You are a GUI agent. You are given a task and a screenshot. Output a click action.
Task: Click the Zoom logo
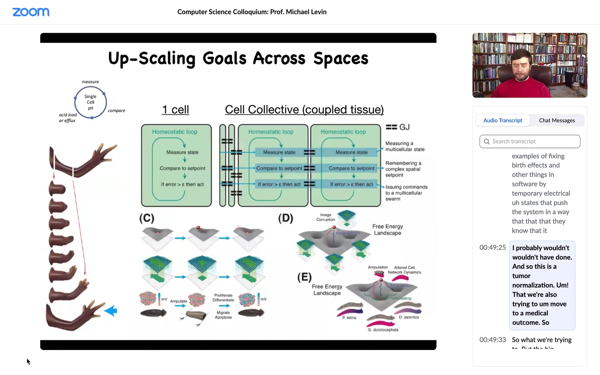tap(31, 12)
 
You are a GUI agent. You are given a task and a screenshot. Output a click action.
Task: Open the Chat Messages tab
tap(557, 120)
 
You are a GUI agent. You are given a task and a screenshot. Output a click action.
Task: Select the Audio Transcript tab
tap(502, 120)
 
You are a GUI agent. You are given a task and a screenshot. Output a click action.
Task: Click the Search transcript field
tap(530, 141)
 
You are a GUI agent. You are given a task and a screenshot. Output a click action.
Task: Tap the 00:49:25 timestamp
tap(492, 247)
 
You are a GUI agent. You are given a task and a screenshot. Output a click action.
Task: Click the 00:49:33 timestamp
tap(492, 340)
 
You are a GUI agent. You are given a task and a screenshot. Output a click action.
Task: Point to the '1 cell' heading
tap(175, 110)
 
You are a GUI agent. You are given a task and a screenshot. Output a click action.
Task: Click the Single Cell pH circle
tap(90, 102)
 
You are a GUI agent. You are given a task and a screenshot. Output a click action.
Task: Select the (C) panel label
tap(147, 218)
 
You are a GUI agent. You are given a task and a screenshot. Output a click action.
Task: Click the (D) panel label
tap(285, 218)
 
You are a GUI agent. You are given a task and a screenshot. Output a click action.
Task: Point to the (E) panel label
tap(304, 277)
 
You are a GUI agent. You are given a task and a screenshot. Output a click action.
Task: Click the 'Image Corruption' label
tap(325, 217)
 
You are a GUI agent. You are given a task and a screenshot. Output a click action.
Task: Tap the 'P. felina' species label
tap(349, 317)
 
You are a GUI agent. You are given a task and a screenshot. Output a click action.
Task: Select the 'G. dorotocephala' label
tap(383, 330)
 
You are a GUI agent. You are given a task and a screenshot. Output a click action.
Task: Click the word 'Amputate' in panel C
tap(178, 301)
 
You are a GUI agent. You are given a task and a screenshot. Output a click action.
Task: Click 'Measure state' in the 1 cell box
tap(182, 152)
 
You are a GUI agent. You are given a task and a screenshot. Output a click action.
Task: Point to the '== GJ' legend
tap(397, 127)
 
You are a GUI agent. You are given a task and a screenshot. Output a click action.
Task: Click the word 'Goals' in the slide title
tap(224, 58)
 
